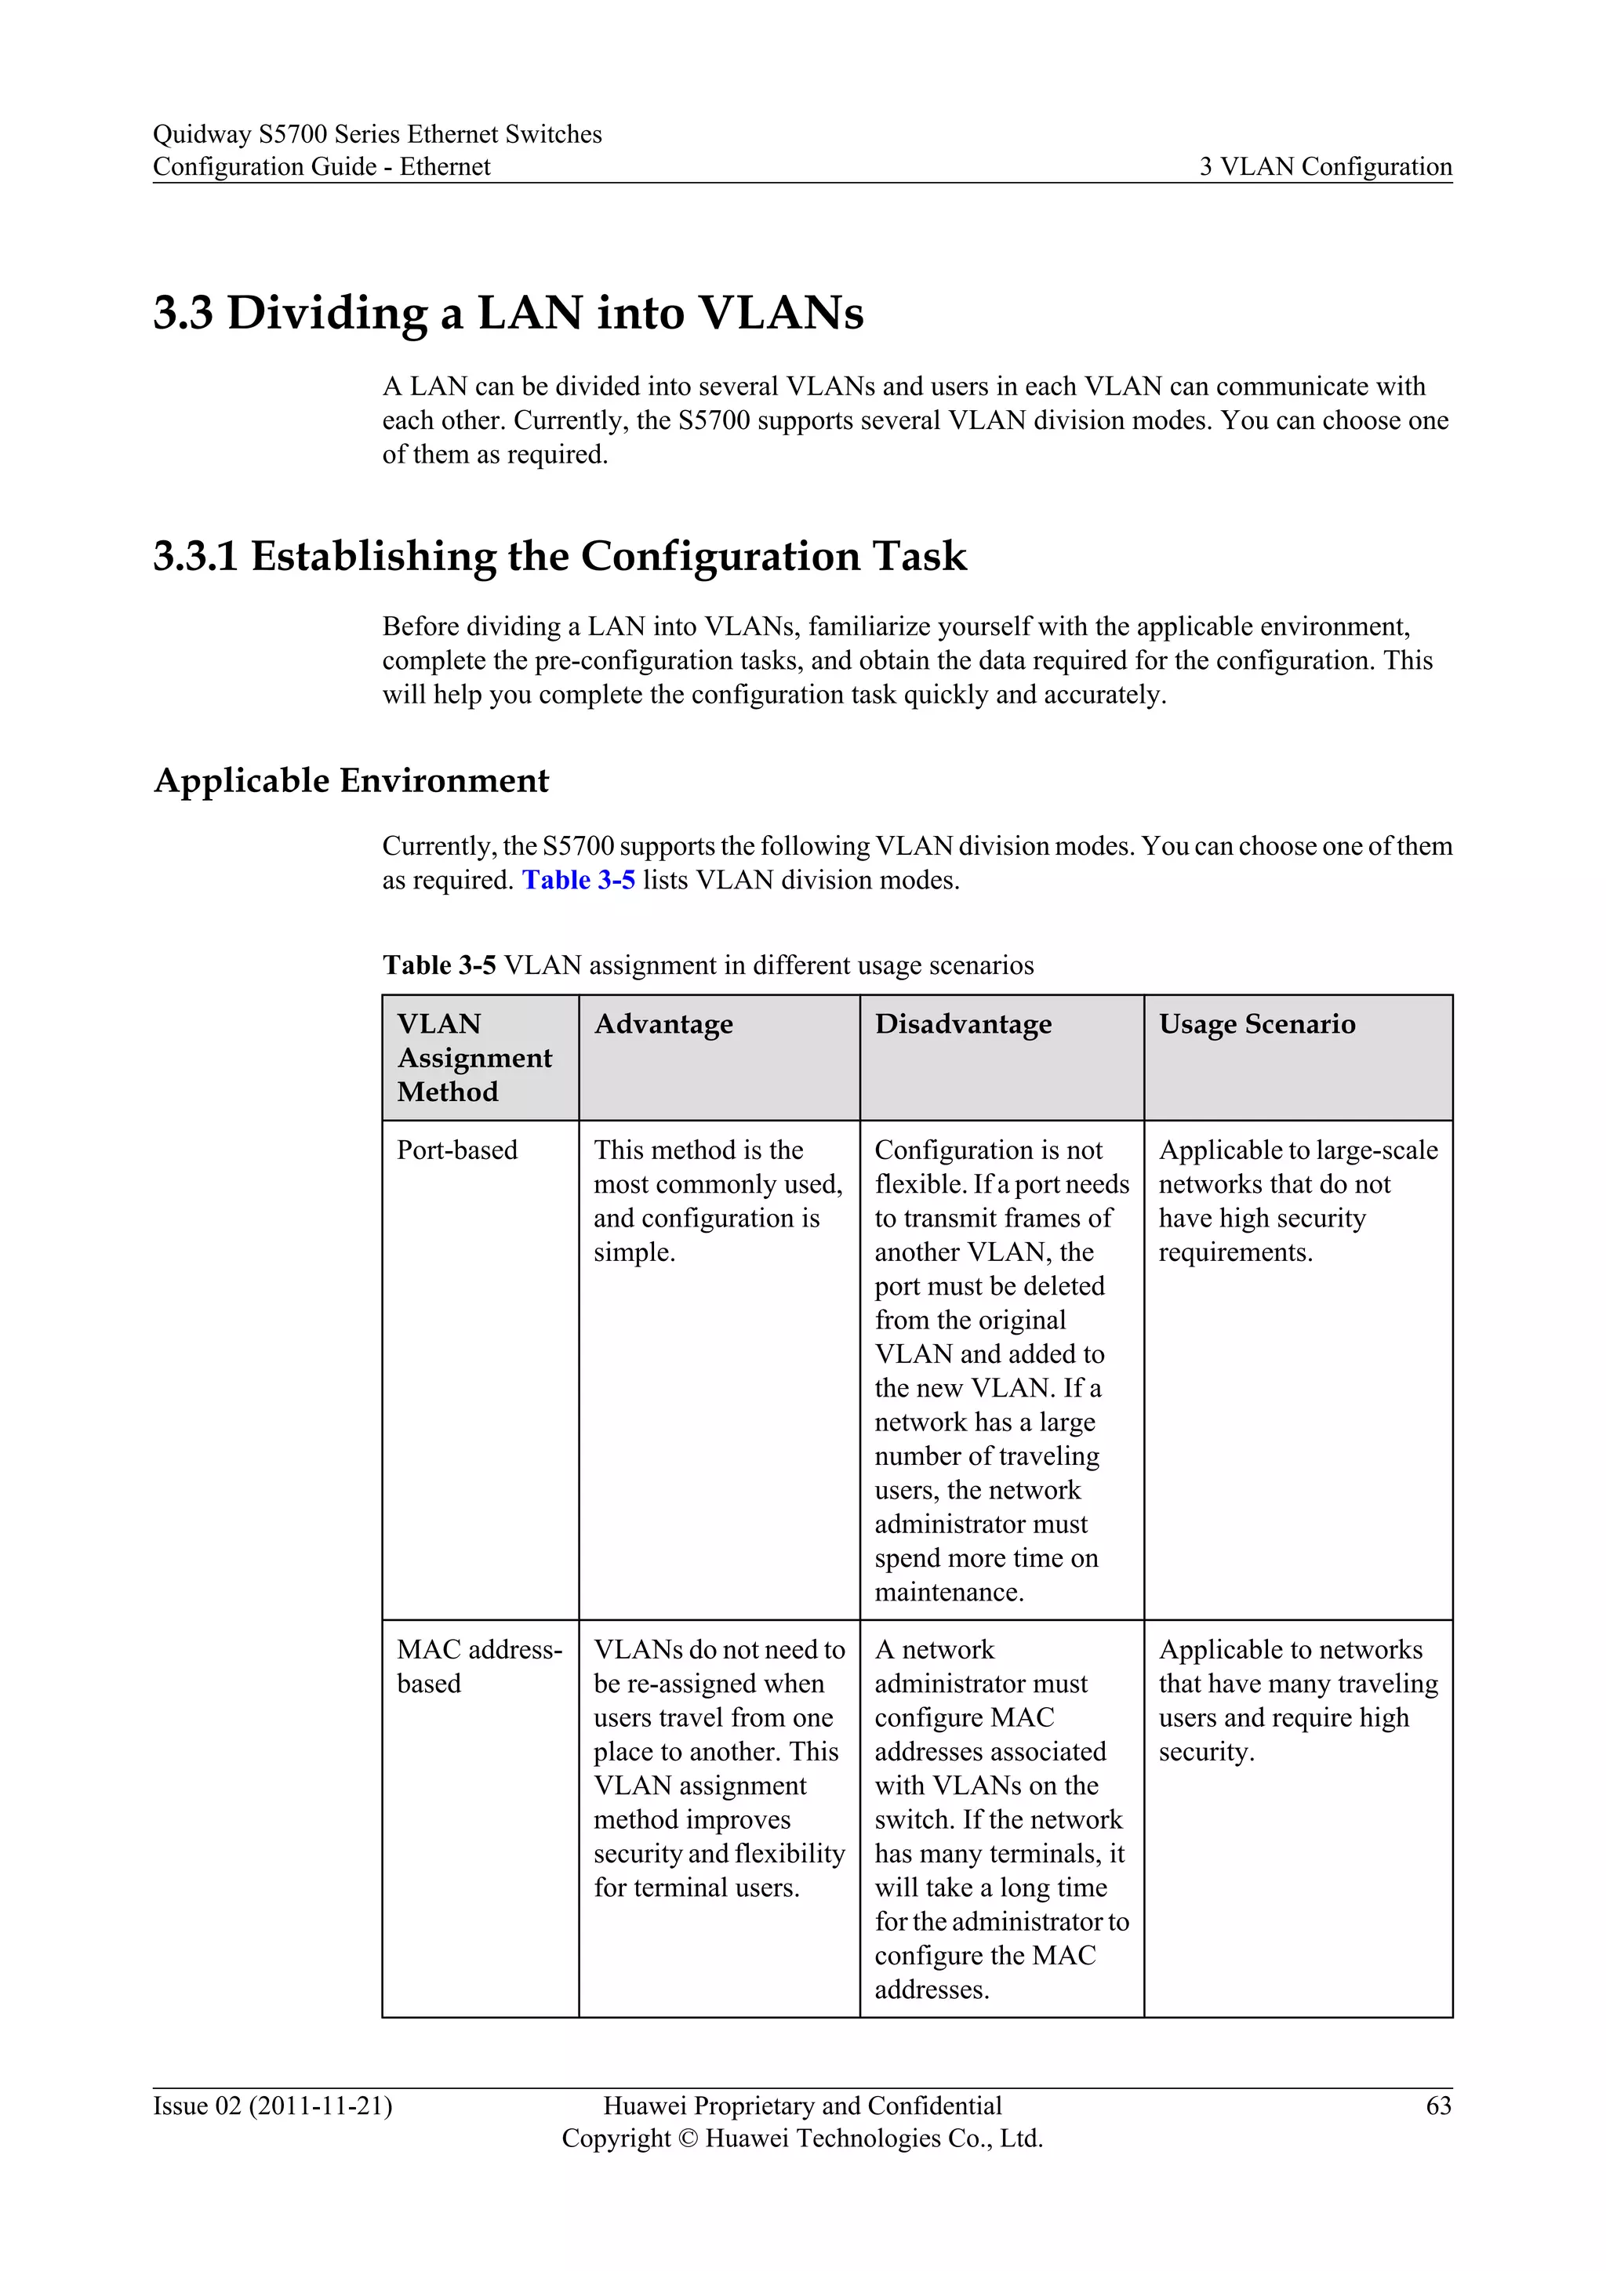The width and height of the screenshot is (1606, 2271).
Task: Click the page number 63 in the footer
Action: [x=1438, y=2106]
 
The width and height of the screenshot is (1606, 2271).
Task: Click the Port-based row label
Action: [x=457, y=1150]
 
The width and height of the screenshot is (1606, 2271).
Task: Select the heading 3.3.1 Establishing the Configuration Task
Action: [x=559, y=556]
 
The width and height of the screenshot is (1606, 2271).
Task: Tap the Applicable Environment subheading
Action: [x=351, y=780]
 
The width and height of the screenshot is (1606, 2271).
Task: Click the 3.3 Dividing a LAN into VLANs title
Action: [x=508, y=313]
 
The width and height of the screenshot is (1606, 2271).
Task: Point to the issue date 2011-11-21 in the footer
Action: [x=321, y=2106]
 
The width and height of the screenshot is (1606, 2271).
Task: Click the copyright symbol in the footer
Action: [x=689, y=2138]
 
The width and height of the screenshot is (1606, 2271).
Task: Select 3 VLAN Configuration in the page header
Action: [x=1325, y=166]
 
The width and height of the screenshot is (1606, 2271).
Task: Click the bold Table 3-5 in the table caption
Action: [x=439, y=965]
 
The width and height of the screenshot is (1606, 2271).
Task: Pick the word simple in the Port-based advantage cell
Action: [x=633, y=1252]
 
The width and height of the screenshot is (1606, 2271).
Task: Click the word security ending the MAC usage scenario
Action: [x=1204, y=1752]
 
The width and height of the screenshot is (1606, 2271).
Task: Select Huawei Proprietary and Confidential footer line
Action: [x=802, y=2106]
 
